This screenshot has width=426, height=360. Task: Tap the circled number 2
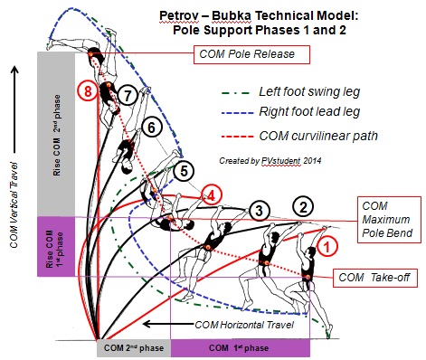point(305,206)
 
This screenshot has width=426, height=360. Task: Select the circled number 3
point(260,212)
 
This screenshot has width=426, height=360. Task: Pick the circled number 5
point(185,169)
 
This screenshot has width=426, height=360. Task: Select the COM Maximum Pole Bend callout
point(392,220)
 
